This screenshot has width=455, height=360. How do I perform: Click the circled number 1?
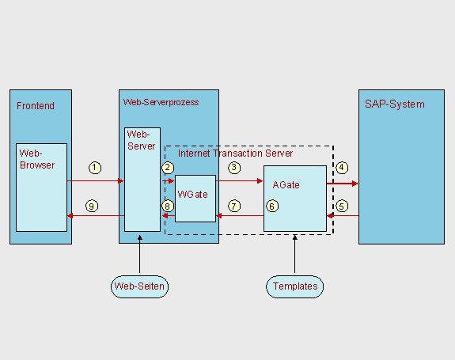95,168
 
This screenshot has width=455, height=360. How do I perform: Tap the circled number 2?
168,168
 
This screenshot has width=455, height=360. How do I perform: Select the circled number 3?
234,168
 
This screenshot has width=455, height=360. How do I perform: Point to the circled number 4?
342,168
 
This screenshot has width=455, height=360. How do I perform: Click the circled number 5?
342,207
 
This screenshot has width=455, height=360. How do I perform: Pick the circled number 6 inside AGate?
272,207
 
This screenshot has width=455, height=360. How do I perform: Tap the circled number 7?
234,207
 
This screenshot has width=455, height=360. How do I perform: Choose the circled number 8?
168,207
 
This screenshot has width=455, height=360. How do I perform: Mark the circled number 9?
92,207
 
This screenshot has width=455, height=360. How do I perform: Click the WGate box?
195,199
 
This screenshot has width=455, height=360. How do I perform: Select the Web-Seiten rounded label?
139,286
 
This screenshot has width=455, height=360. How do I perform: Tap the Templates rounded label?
295,286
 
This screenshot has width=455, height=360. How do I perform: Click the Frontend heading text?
36,106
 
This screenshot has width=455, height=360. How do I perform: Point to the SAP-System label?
395,104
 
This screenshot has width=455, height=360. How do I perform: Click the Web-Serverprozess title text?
161,102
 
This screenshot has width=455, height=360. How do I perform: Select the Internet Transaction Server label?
235,153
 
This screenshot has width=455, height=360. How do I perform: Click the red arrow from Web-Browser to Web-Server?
95,181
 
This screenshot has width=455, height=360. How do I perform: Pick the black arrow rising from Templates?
295,254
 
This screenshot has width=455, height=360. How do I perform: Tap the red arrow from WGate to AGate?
240,181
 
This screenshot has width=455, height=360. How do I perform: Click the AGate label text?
286,185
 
